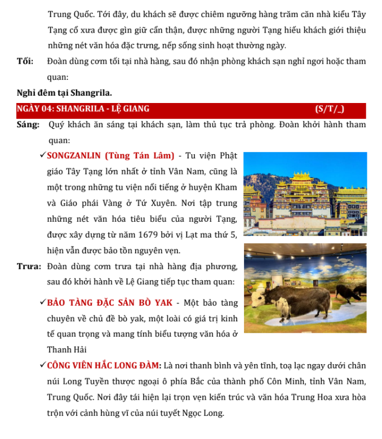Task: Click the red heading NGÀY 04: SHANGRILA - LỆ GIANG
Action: coord(83,109)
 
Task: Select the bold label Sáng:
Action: coord(28,124)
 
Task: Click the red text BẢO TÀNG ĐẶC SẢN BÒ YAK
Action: coord(110,303)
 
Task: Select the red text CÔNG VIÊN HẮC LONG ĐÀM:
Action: coord(105,366)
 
